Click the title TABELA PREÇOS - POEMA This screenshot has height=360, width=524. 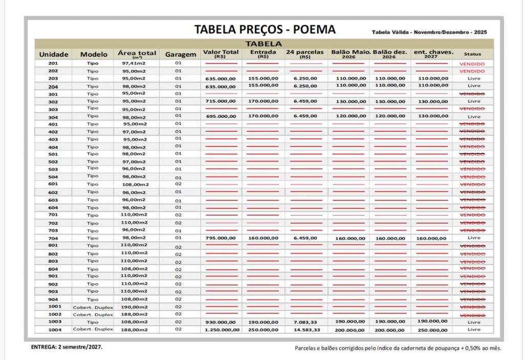pos(265,30)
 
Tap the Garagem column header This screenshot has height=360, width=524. pos(181,54)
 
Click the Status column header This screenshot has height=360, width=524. pos(473,54)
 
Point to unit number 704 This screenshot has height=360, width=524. pos(53,238)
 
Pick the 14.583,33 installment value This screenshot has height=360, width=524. pos(305,330)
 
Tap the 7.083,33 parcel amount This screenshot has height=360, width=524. pos(305,322)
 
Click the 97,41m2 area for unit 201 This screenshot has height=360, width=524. pos(134,63)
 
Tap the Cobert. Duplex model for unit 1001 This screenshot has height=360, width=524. pos(93,306)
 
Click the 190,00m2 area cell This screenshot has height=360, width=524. pos(134,306)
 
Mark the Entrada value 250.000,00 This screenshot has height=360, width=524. pos(263,330)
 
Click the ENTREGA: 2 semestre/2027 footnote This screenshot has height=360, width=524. pos(67,347)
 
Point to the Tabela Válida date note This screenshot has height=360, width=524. pos(429,32)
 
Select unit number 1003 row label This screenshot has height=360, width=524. pos(54,322)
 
